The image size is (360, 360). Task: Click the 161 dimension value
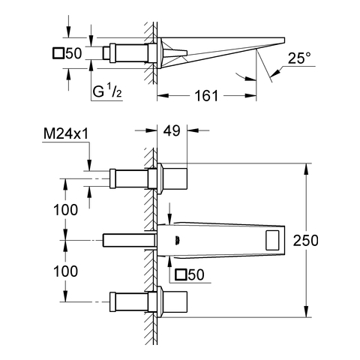pyautogui.click(x=206, y=96)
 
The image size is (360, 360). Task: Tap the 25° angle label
pyautogui.click(x=299, y=58)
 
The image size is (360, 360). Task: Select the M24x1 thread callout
pyautogui.click(x=66, y=134)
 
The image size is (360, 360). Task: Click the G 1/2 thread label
pyautogui.click(x=107, y=91)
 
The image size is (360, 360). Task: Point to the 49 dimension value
pyautogui.click(x=172, y=130)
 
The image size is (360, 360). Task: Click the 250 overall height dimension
pyautogui.click(x=305, y=240)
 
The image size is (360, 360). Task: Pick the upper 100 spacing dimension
pyautogui.click(x=65, y=210)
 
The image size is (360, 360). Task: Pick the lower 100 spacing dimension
pyautogui.click(x=65, y=271)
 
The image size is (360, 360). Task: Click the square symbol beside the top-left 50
pyautogui.click(x=58, y=53)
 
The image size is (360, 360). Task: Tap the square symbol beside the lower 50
pyautogui.click(x=181, y=274)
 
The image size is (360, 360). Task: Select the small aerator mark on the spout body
pyautogui.click(x=178, y=240)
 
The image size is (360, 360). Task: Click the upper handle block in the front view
pyautogui.click(x=175, y=178)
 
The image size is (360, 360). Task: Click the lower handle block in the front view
pyautogui.click(x=175, y=301)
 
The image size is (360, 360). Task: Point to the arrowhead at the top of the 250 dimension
pyautogui.click(x=305, y=169)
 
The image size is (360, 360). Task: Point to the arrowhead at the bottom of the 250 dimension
pyautogui.click(x=305, y=312)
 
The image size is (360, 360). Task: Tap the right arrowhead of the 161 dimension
pyautogui.click(x=250, y=96)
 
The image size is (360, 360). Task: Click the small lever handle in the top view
pyautogui.click(x=175, y=52)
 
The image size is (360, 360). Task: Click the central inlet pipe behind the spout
pyautogui.click(x=128, y=240)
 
